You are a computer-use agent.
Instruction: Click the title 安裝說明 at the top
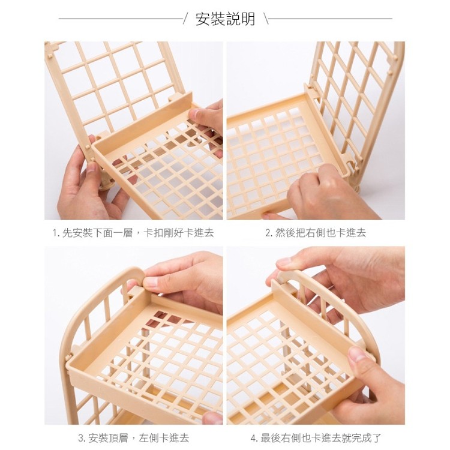[225, 19]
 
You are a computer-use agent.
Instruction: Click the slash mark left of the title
[186, 19]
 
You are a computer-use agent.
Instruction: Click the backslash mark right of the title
[265, 19]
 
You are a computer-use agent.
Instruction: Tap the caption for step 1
[133, 233]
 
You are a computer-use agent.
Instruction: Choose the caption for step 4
[316, 438]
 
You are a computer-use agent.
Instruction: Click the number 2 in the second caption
[268, 233]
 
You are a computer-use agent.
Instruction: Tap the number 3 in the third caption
[81, 438]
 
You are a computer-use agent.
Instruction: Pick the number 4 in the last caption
[253, 438]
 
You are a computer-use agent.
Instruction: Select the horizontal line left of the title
[120, 19]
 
